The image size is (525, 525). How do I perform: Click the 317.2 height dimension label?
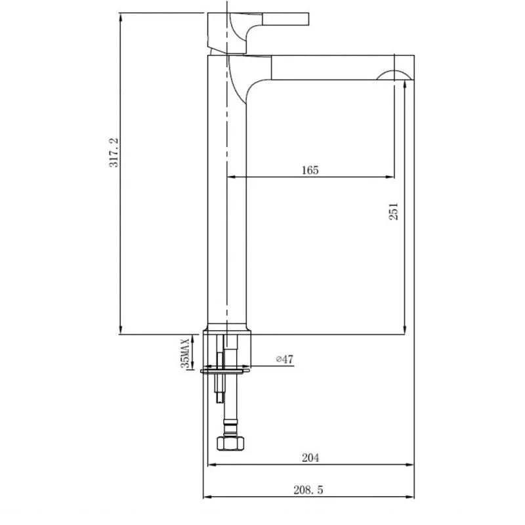pos(114,152)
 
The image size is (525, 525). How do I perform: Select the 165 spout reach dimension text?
pos(310,170)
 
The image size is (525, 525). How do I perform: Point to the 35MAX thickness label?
pos(186,352)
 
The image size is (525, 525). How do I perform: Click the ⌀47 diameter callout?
pos(284,359)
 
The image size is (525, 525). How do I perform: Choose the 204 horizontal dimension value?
pos(310,458)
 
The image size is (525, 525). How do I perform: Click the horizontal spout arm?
pos(328,67)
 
